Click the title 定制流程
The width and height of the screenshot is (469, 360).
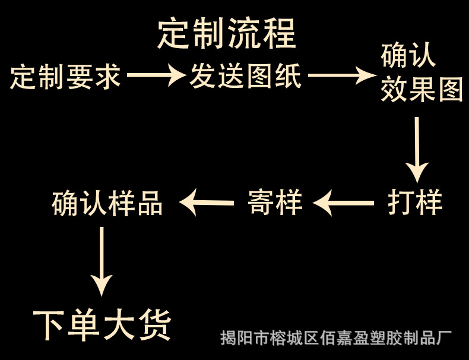[227, 34]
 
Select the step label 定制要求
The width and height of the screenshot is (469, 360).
[66, 77]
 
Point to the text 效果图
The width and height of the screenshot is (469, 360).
[422, 91]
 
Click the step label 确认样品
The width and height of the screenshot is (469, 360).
[107, 203]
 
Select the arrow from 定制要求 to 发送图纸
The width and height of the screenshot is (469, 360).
[156, 75]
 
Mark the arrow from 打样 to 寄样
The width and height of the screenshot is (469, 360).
[344, 204]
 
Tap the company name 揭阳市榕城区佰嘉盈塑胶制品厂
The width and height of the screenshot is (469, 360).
[335, 339]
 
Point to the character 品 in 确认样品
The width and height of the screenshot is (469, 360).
[150, 203]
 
